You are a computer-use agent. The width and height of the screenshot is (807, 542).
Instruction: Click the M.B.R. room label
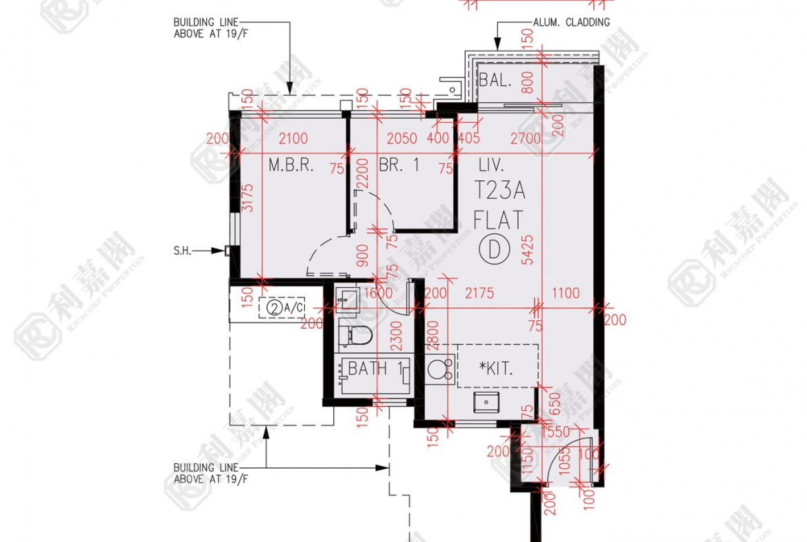[x=291, y=166]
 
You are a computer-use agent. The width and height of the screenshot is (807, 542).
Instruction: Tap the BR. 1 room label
[x=399, y=166]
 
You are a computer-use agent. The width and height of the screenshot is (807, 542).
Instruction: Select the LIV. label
[x=491, y=165]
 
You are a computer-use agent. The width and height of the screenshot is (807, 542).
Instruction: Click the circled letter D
[x=494, y=249]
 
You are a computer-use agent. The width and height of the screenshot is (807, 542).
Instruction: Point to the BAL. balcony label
[x=495, y=80]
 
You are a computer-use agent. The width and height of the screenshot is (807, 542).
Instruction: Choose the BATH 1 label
[x=375, y=369]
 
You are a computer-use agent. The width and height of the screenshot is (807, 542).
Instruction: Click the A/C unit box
[x=282, y=308]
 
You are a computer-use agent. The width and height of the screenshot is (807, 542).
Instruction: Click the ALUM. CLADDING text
[x=571, y=22]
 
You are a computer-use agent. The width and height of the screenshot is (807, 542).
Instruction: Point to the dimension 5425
[x=529, y=249]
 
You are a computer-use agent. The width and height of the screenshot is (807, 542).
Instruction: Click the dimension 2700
[x=525, y=138]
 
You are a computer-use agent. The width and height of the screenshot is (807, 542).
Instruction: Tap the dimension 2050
[x=401, y=138]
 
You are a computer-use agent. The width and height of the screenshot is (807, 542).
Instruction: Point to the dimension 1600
[x=378, y=293]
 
